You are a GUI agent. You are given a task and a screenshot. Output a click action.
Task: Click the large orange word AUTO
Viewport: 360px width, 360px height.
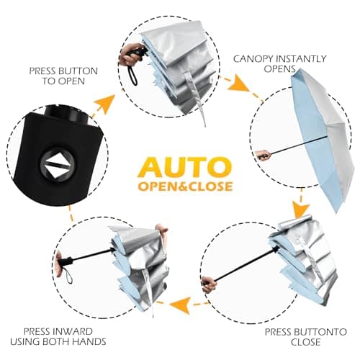tap(184, 167)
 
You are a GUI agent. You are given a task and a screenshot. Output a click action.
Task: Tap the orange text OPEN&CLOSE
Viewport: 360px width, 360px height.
tap(185, 186)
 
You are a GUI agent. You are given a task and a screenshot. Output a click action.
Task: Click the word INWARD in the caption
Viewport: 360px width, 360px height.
tap(72, 331)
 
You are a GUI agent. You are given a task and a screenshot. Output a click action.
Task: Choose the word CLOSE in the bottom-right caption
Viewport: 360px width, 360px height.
tap(305, 342)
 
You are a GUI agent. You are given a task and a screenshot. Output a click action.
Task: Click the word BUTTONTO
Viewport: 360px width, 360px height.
tap(322, 332)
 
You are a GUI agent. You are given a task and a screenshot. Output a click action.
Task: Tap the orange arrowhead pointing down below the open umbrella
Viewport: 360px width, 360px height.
tap(300, 210)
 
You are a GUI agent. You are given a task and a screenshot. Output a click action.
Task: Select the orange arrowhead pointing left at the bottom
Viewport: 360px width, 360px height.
tap(179, 305)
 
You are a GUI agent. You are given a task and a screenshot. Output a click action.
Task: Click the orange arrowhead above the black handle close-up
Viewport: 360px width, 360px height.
tap(105, 104)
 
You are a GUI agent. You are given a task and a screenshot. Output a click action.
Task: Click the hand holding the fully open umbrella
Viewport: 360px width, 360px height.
tap(263, 155)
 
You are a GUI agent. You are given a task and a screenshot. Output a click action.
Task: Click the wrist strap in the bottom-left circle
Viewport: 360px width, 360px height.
tap(68, 275)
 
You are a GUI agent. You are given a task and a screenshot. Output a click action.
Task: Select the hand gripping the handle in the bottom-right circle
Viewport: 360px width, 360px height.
tap(209, 284)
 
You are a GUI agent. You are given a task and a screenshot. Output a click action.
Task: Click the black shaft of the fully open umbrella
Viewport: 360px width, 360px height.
tap(299, 145)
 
